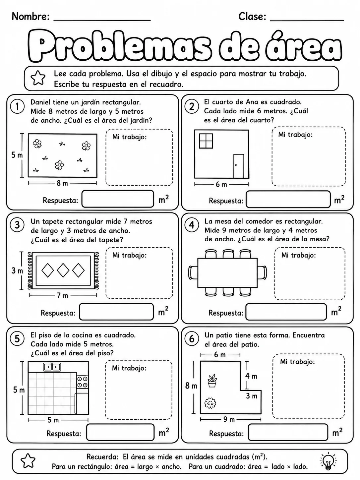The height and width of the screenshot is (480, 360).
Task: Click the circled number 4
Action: click(x=192, y=225)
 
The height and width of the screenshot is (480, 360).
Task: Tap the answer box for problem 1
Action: click(x=118, y=199)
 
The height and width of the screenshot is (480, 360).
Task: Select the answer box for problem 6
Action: click(x=288, y=432)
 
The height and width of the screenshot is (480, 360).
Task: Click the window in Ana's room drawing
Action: click(x=206, y=141)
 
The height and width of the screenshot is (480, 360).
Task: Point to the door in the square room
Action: click(x=238, y=166)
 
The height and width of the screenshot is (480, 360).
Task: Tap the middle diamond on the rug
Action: click(x=63, y=270)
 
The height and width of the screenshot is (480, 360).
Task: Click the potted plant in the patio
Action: click(x=212, y=381)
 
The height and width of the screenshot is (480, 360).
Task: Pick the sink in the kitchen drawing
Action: click(x=52, y=367)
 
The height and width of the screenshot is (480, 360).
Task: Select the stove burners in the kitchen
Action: click(x=83, y=382)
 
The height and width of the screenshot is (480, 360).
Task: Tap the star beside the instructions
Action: click(x=38, y=78)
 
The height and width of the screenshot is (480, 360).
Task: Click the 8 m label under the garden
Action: click(x=62, y=183)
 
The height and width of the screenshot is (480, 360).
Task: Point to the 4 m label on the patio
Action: click(x=251, y=376)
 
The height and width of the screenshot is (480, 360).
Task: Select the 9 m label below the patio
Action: click(x=229, y=419)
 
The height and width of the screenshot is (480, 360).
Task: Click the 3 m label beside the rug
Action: click(x=17, y=271)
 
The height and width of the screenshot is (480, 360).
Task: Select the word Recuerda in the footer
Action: click(x=102, y=456)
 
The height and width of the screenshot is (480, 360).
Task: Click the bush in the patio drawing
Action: click(x=210, y=403)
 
